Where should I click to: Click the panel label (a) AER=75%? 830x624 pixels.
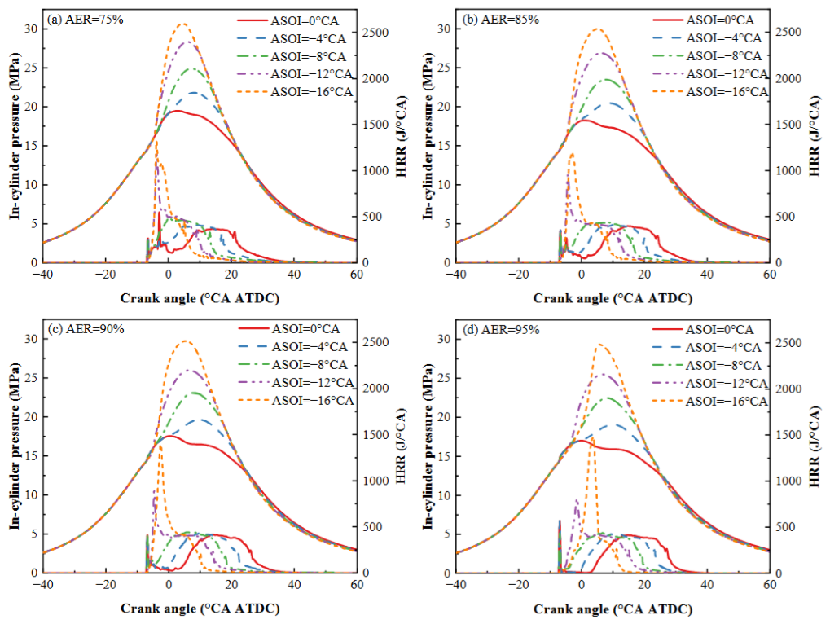(x=86, y=20)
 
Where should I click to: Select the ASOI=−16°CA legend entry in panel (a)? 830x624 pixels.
(x=295, y=92)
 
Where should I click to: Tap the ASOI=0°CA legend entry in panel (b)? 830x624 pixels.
(x=703, y=20)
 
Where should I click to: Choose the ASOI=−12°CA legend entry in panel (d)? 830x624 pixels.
(x=709, y=383)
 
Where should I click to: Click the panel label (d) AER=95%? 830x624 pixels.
(x=501, y=330)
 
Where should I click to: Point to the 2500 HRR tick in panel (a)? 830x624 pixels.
(x=375, y=33)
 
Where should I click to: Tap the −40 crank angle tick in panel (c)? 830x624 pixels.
(x=43, y=584)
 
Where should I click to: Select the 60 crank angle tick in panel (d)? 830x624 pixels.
(x=770, y=584)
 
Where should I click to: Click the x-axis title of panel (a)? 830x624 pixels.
(x=200, y=298)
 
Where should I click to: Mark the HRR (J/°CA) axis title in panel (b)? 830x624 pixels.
(x=814, y=136)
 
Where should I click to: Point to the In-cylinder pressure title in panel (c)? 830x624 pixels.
(x=15, y=446)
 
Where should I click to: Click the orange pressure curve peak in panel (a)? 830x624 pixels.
(x=182, y=24)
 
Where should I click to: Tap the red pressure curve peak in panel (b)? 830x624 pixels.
(x=583, y=120)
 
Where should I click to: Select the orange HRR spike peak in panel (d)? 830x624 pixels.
(x=592, y=438)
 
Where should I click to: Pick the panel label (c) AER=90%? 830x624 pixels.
(x=86, y=329)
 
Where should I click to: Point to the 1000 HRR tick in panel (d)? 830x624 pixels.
(x=788, y=481)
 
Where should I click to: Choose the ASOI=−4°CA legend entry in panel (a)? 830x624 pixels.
(x=292, y=38)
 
